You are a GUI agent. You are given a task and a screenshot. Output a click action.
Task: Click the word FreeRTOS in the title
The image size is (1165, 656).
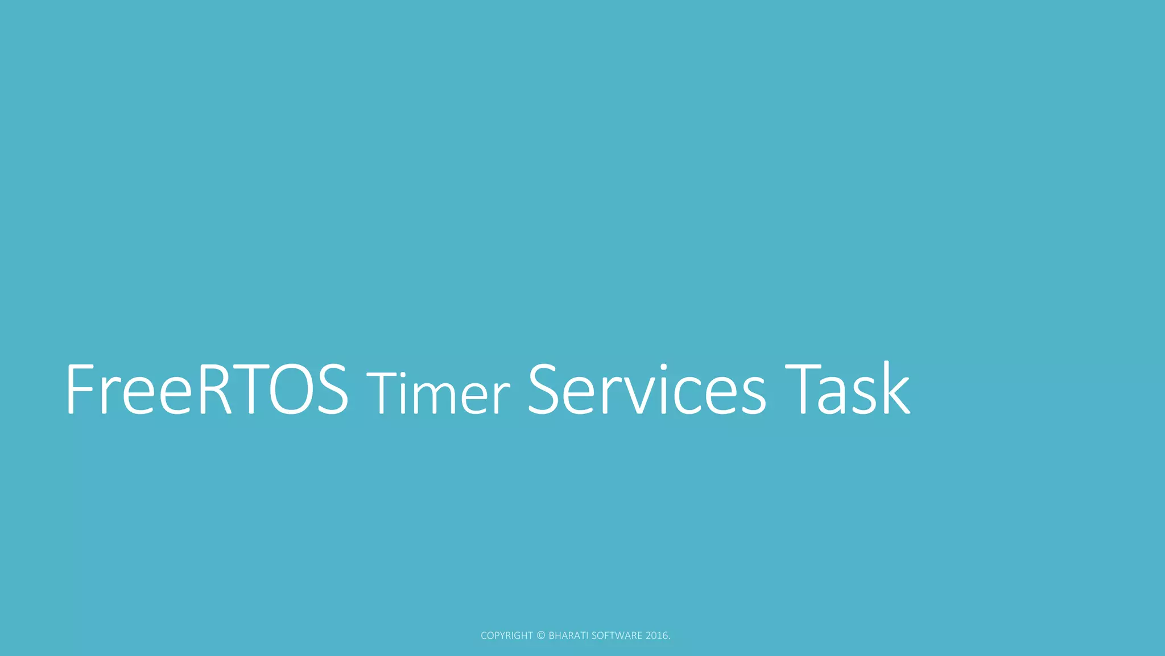[206, 390]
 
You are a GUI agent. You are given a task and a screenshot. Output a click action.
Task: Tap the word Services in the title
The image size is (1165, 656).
[647, 390]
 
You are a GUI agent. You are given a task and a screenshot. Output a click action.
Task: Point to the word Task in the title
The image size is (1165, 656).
[848, 390]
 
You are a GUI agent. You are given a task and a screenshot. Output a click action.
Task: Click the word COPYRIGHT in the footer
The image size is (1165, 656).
[507, 635]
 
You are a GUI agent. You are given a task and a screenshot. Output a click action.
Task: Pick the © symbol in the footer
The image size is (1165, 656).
[541, 635]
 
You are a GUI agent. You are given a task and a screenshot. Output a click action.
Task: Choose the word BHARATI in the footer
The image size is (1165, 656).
[568, 635]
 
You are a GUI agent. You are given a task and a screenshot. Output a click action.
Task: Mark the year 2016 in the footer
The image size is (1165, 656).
[657, 635]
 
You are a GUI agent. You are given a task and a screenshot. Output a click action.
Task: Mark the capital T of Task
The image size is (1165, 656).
[803, 390]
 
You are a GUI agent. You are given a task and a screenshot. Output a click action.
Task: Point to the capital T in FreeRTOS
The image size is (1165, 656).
[251, 390]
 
